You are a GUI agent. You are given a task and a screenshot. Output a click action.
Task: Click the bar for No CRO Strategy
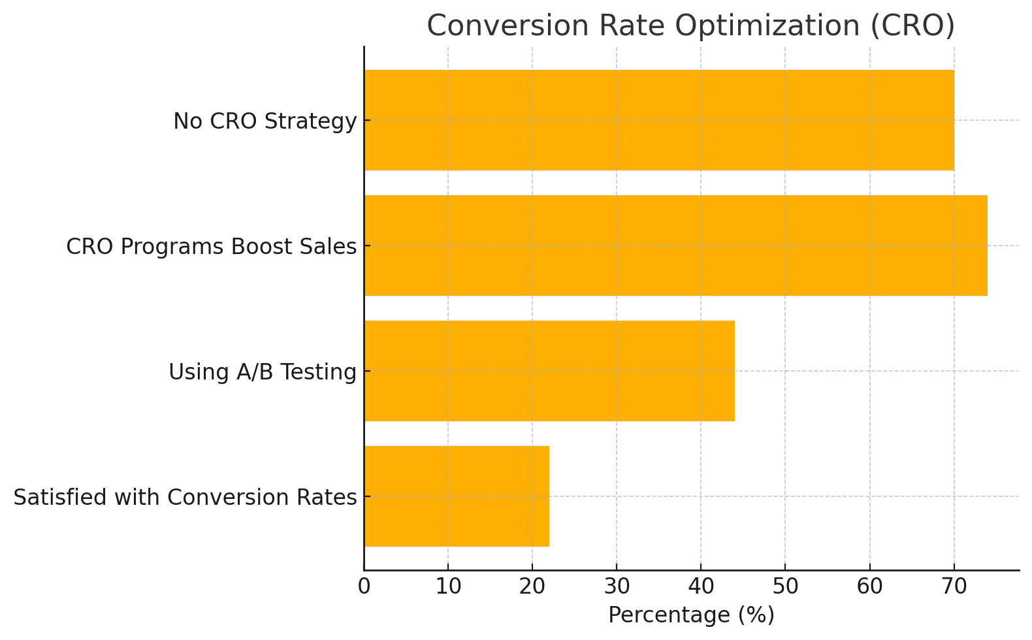658,120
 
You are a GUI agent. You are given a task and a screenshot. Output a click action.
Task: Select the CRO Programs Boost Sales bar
675,246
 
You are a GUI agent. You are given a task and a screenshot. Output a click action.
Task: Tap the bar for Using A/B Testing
549,371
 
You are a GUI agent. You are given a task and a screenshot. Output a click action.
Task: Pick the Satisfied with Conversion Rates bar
456,496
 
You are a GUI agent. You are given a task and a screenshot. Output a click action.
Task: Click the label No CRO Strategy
265,121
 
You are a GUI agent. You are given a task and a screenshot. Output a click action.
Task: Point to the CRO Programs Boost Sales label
211,247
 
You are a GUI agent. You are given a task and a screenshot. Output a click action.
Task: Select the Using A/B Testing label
262,372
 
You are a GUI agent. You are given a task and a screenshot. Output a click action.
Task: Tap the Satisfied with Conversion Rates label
185,498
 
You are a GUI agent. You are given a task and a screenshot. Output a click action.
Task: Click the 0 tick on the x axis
364,587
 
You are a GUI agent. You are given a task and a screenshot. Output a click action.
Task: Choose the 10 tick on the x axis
448,587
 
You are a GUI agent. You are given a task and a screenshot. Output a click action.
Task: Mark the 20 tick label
532,587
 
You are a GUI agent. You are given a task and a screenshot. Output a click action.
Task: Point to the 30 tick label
617,587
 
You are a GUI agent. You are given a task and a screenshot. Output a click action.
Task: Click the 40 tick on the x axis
701,587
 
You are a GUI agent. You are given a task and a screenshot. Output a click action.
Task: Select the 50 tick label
785,587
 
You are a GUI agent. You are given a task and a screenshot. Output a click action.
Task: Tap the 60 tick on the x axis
869,587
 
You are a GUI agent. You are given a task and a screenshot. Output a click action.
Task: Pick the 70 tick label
954,587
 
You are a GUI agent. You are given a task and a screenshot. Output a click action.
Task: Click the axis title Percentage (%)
691,616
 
